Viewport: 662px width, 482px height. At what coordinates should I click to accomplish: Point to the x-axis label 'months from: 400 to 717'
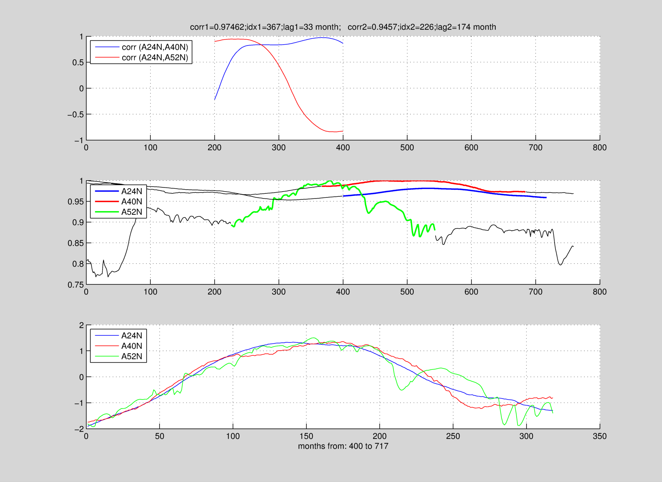point(343,446)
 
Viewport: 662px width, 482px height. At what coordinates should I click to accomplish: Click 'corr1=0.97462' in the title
point(217,27)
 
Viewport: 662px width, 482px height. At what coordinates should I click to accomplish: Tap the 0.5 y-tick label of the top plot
point(78,63)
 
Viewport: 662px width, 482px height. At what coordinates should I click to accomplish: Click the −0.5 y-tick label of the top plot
point(75,115)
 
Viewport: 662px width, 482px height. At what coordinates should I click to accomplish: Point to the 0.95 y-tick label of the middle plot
point(76,202)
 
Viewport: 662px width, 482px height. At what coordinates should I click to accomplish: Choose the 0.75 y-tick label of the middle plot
point(76,285)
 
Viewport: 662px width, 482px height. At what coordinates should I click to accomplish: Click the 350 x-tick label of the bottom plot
point(599,436)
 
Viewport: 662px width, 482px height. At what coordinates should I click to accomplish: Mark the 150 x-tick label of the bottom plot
point(306,436)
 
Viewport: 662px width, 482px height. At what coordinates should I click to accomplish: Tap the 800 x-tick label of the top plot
point(599,148)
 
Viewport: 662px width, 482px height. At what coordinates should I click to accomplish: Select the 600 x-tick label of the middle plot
point(471,292)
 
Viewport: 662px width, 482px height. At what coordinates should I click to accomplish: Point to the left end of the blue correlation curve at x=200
point(215,100)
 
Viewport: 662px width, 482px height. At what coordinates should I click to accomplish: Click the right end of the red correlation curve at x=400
point(343,131)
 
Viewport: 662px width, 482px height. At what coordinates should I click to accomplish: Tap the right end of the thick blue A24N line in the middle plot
point(546,198)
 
